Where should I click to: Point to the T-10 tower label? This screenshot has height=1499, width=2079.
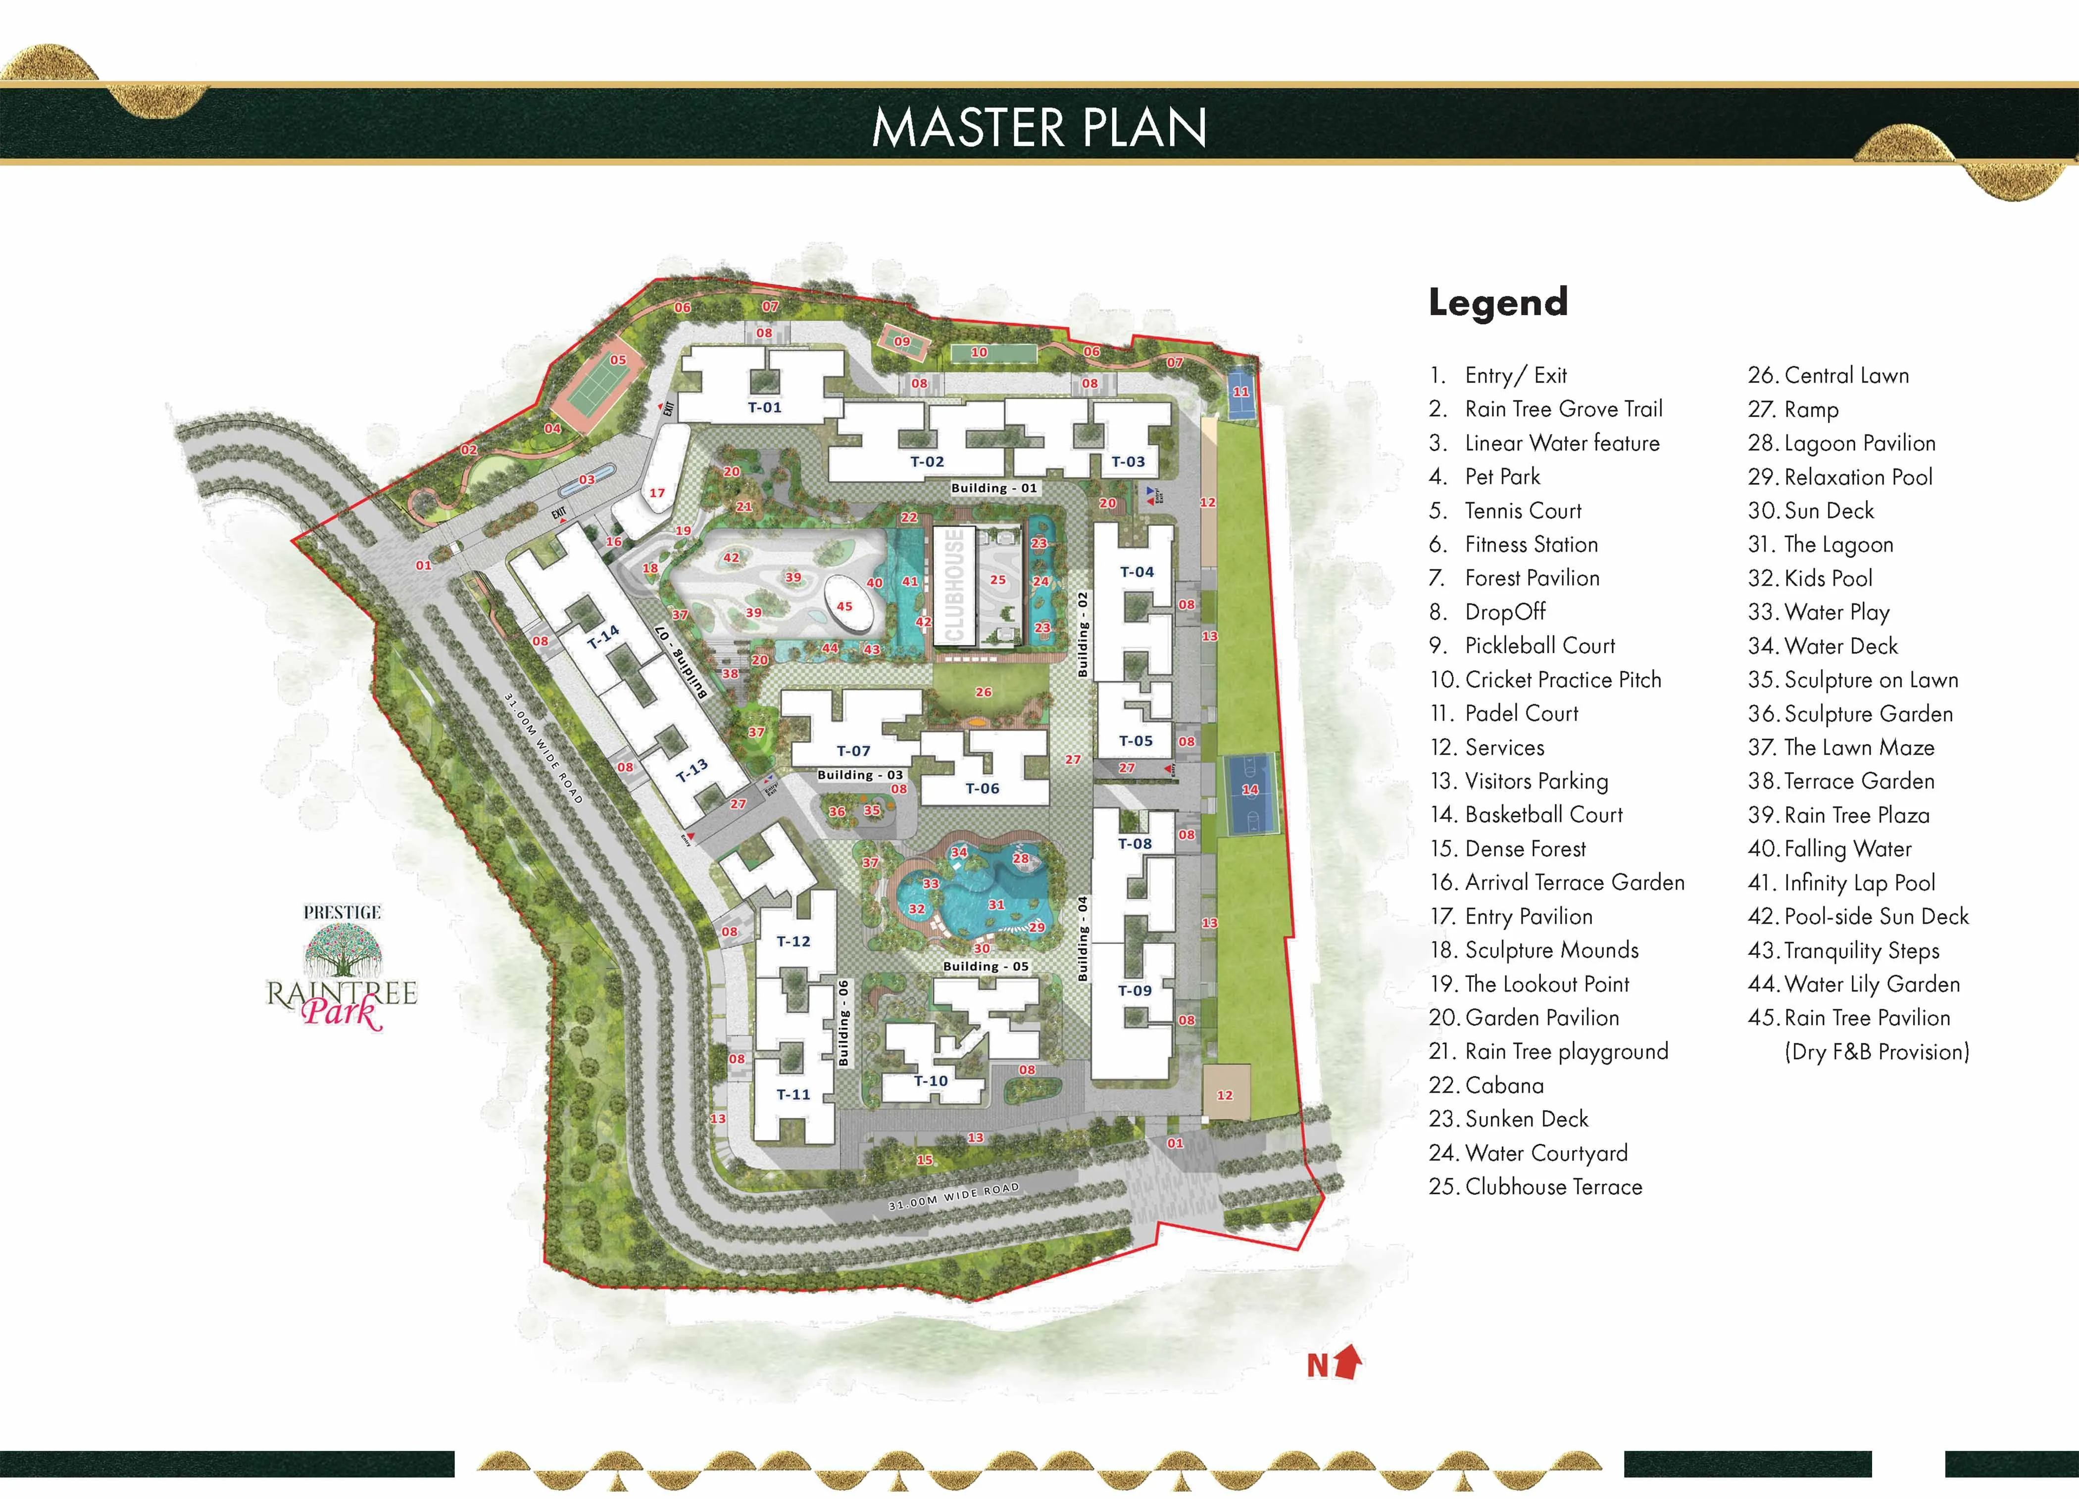pyautogui.click(x=931, y=1081)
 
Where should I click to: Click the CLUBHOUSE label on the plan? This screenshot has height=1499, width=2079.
pyautogui.click(x=954, y=585)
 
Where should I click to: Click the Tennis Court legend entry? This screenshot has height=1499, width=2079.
pyautogui.click(x=1523, y=511)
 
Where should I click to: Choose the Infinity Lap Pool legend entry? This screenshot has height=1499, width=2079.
pyautogui.click(x=1859, y=883)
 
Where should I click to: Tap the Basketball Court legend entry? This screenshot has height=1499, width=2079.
pyautogui.click(x=1544, y=814)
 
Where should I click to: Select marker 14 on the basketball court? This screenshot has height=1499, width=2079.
pyautogui.click(x=1249, y=790)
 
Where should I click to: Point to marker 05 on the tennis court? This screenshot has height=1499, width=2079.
pyautogui.click(x=618, y=360)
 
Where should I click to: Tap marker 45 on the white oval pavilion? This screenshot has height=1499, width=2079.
pyautogui.click(x=844, y=607)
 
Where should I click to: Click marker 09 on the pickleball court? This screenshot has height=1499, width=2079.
pyautogui.click(x=902, y=342)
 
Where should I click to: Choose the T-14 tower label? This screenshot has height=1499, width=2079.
pyautogui.click(x=602, y=636)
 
